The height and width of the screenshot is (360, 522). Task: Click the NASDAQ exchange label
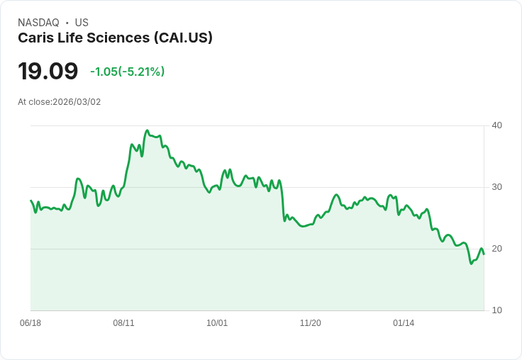(x=39, y=23)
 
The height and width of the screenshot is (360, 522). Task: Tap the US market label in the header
(x=82, y=23)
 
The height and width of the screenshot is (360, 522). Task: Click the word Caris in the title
(x=35, y=38)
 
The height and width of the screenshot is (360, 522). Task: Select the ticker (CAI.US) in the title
(x=183, y=38)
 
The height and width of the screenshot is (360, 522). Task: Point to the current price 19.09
(x=48, y=71)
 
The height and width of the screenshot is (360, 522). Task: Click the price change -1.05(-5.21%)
(x=127, y=72)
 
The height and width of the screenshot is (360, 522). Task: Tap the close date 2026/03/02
(x=77, y=102)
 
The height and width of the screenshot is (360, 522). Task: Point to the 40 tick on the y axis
(x=496, y=125)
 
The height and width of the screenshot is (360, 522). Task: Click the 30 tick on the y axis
(x=496, y=187)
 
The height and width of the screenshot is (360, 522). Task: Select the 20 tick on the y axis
(x=496, y=249)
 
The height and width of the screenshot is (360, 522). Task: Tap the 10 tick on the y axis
(x=496, y=310)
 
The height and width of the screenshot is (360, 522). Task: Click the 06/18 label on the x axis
(x=30, y=323)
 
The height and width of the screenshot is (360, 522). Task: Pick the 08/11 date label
(x=123, y=323)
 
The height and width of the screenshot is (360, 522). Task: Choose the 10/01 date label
(x=217, y=323)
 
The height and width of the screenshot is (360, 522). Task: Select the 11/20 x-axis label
(x=311, y=323)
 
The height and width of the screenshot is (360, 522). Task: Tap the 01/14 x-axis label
(x=404, y=323)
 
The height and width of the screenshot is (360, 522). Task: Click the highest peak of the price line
(x=147, y=130)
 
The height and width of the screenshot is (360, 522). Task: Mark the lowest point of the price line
(x=471, y=264)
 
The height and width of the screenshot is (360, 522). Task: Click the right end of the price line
(x=484, y=254)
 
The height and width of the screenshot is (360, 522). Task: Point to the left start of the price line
(x=31, y=201)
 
